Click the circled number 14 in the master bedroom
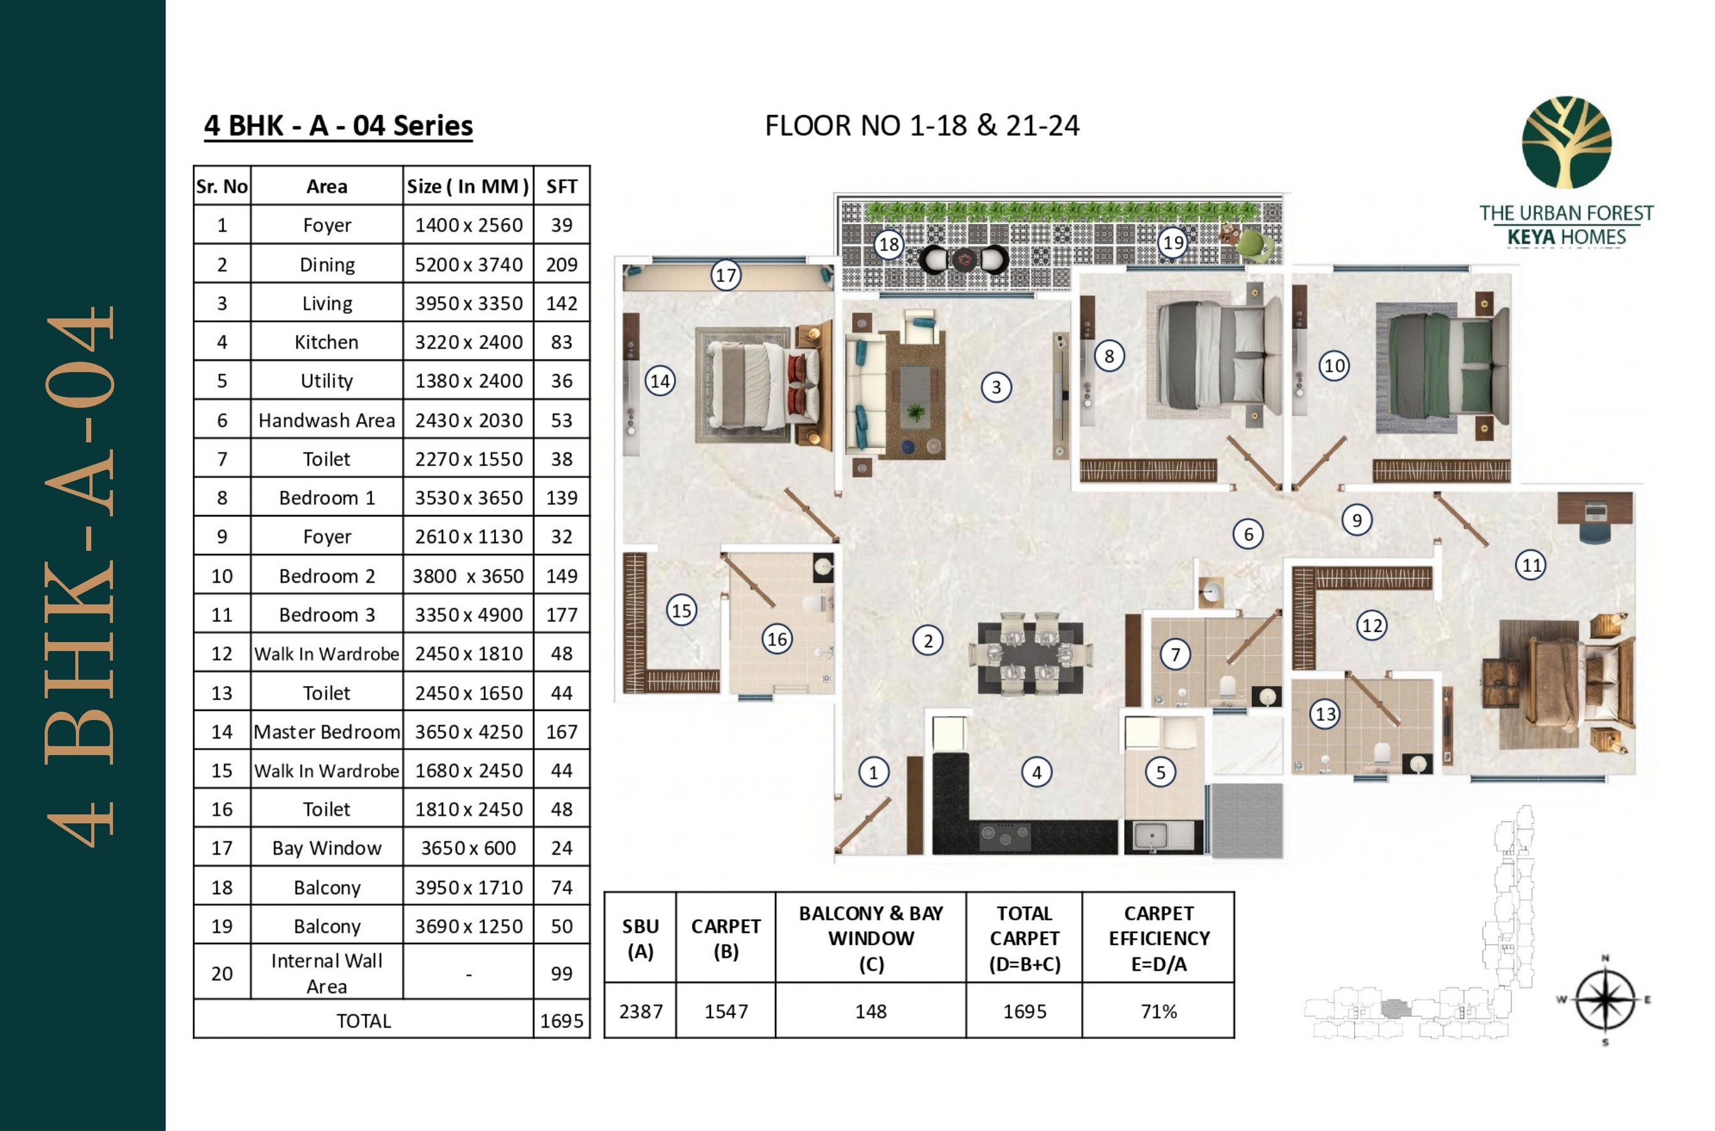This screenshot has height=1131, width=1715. pyautogui.click(x=660, y=381)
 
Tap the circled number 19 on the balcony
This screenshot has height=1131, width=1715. pyautogui.click(x=1173, y=242)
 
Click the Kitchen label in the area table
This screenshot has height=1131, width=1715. pyautogui.click(x=326, y=342)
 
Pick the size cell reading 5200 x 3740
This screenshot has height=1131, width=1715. pyautogui.click(x=468, y=264)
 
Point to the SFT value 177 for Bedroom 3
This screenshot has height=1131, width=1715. pyautogui.click(x=561, y=615)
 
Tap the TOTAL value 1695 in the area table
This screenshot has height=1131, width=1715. pyautogui.click(x=561, y=1021)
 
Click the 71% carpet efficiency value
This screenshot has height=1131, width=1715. pyautogui.click(x=1158, y=1011)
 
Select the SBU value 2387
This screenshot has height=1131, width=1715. pyautogui.click(x=640, y=1011)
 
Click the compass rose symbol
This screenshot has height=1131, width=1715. pyautogui.click(x=1605, y=1000)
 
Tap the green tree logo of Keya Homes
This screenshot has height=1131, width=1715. pyautogui.click(x=1566, y=143)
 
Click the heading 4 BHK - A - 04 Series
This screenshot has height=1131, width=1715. pyautogui.click(x=338, y=126)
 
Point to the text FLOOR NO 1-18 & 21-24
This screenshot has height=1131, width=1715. pyautogui.click(x=922, y=126)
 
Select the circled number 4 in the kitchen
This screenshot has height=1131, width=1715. pyautogui.click(x=1037, y=772)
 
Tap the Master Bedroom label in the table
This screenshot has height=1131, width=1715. pyautogui.click(x=326, y=731)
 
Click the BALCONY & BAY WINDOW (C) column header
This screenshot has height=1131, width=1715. pyautogui.click(x=871, y=938)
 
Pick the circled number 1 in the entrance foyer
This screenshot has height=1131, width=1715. pyautogui.click(x=872, y=772)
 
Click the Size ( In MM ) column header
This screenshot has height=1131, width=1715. pyautogui.click(x=468, y=186)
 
